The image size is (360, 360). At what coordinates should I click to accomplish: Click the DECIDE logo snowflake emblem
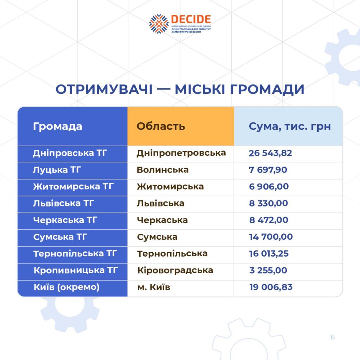point(159,24)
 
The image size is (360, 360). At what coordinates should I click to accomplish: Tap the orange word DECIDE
point(191,20)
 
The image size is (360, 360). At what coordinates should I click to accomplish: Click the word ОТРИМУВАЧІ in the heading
point(104,89)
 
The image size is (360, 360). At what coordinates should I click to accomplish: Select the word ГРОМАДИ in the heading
point(267,90)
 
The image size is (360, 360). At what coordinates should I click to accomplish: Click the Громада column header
point(58,126)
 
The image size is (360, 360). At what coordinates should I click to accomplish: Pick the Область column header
point(161,126)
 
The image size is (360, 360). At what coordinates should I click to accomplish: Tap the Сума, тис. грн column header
point(290,127)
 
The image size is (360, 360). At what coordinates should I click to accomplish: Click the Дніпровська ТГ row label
point(70,153)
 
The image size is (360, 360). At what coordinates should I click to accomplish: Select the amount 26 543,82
point(270,153)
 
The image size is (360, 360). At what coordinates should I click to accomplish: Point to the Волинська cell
point(162,170)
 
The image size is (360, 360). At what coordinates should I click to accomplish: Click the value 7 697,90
point(268,170)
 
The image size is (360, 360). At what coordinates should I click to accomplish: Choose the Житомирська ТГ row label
point(73,187)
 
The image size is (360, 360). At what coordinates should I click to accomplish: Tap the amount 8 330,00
point(269,204)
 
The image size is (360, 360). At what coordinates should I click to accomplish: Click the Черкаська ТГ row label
point(65,220)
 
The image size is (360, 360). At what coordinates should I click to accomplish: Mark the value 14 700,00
point(271,237)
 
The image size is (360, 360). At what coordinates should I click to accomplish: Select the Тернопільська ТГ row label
point(75,254)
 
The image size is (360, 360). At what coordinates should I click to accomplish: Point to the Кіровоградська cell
point(175,270)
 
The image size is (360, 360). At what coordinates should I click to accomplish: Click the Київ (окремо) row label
point(66,287)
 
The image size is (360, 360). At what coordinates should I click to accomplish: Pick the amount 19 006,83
point(271,287)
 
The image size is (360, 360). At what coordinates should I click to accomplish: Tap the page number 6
point(333,337)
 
